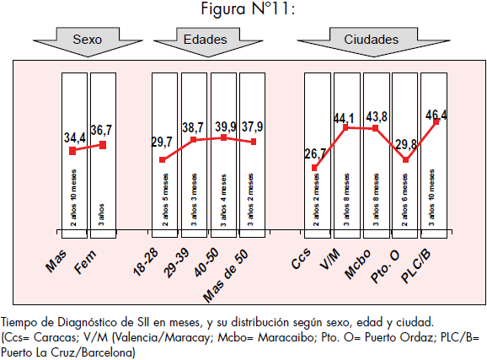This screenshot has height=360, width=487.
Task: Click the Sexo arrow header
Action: coord(88,41)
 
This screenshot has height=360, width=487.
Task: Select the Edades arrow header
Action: coord(208,41)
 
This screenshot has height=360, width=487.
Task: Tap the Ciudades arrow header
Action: coord(373,41)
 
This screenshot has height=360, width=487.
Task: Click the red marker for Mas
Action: coord(72,151)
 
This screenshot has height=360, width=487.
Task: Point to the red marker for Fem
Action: coord(103,145)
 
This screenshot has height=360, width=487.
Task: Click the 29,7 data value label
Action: coord(162,142)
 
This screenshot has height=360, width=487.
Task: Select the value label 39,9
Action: coord(226,126)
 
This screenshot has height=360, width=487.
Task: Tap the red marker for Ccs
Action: coord(314,168)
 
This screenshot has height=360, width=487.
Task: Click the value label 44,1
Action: coord(344,118)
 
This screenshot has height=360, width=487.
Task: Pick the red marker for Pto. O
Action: coord(405,160)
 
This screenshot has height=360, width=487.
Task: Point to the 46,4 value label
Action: coord(436,115)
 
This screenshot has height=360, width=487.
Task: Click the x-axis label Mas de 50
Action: coord(226,276)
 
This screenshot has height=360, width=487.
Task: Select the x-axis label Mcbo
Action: coord(358,264)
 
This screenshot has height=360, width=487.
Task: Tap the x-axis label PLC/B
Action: coord(416,266)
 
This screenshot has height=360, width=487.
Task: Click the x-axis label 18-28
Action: coord(146,262)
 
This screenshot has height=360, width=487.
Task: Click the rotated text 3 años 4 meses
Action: coord(223,200)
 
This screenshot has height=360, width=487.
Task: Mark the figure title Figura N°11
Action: coord(248,8)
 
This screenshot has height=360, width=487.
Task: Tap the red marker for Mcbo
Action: coord(375,128)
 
